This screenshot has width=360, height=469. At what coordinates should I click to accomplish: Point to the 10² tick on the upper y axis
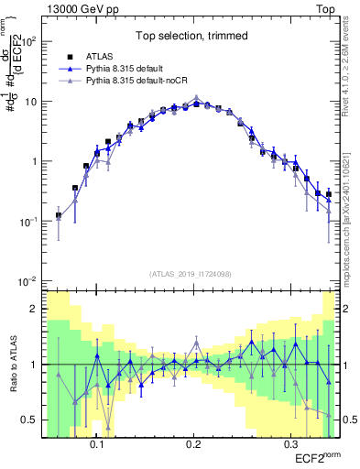coord(31,42)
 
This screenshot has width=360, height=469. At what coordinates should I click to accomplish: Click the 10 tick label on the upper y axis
coord(34,102)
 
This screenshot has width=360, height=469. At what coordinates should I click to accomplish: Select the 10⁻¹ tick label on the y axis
coord(31,222)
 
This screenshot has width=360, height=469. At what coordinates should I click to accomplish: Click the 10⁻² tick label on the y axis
coord(31,281)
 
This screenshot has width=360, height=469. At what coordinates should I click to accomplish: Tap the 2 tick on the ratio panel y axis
coord(38,309)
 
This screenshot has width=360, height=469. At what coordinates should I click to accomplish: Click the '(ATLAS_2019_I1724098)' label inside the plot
coord(192,274)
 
